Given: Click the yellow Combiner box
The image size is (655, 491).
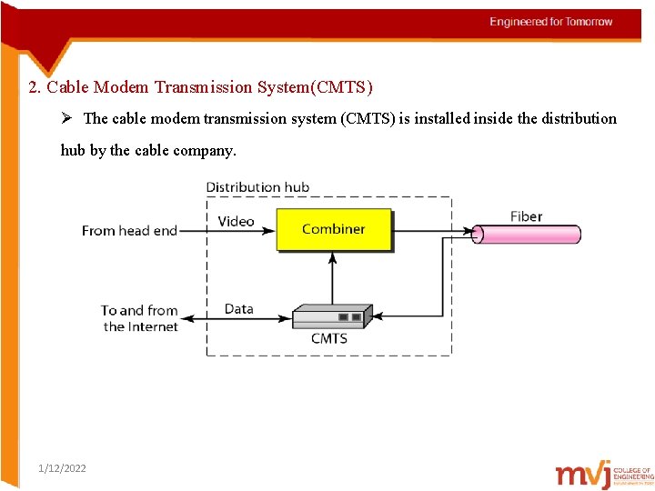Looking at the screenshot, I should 334,230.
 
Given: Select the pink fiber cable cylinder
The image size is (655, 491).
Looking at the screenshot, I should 528,234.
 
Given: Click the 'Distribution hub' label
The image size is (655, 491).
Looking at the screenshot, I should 257,187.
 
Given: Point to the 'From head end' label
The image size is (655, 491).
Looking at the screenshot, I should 129,231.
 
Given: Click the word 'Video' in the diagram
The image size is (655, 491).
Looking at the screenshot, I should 236,221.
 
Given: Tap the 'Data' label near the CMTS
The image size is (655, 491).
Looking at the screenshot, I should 238,309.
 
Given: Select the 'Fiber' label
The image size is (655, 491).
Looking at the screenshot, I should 526,216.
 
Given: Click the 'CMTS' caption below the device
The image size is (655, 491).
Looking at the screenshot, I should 328,338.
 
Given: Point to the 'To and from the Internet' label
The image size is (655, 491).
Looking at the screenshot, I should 139,318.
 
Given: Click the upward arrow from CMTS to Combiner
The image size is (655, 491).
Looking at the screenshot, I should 333,277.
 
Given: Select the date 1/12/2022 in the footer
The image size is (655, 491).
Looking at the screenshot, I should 63,468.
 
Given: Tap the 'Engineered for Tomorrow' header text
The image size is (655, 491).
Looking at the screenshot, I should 551,22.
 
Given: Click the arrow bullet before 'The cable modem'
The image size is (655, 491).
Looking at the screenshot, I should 69,118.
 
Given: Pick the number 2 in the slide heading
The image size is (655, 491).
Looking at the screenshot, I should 33,87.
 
